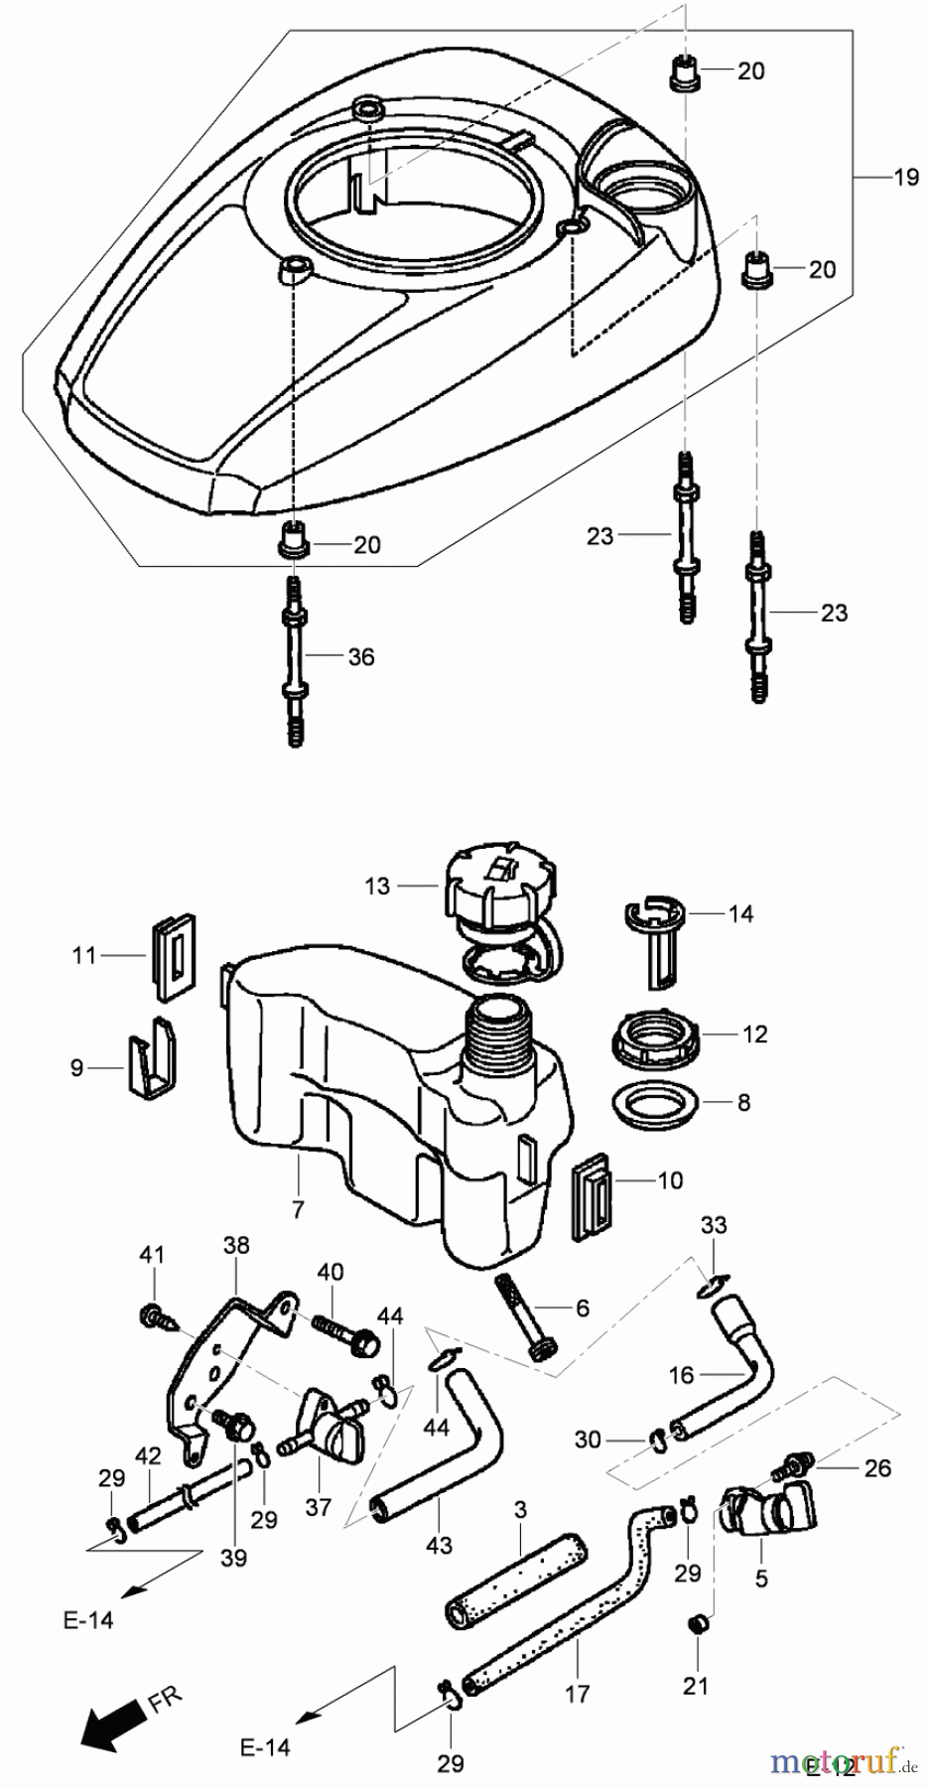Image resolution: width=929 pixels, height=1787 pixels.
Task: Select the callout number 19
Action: pos(905,178)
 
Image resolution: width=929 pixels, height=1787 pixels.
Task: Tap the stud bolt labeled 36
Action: pos(294,660)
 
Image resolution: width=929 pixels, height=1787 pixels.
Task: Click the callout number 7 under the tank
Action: pos(298,1210)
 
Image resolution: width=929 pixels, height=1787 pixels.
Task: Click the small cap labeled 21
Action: pos(697,1624)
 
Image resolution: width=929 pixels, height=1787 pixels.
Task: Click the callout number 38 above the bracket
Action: pos(236,1245)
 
